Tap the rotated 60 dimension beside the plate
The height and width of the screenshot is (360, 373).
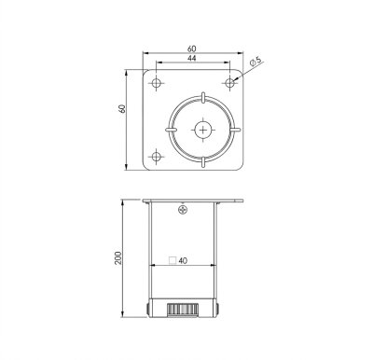122,109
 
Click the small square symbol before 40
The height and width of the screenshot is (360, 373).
172,262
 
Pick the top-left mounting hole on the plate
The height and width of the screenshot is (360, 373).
158,83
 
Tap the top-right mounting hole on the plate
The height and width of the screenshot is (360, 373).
230,83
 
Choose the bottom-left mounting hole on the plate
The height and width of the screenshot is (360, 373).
158,155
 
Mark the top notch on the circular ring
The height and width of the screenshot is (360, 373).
202,96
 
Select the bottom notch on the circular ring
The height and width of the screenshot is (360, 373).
202,162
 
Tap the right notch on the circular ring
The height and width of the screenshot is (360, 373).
236,130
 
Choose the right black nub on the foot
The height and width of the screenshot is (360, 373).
217,306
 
